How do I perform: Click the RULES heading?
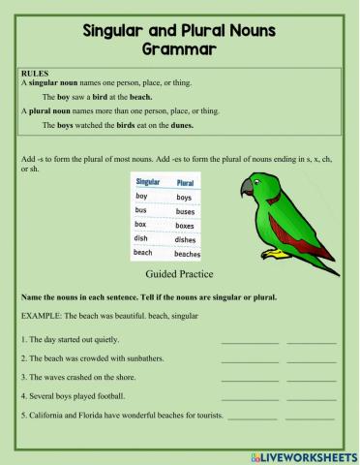coord(35,73)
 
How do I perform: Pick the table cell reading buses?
coord(185,210)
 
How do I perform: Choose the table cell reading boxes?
coord(185,225)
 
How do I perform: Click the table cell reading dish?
coord(141,238)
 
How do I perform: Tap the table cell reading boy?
coord(141,197)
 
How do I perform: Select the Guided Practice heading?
coord(179,275)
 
